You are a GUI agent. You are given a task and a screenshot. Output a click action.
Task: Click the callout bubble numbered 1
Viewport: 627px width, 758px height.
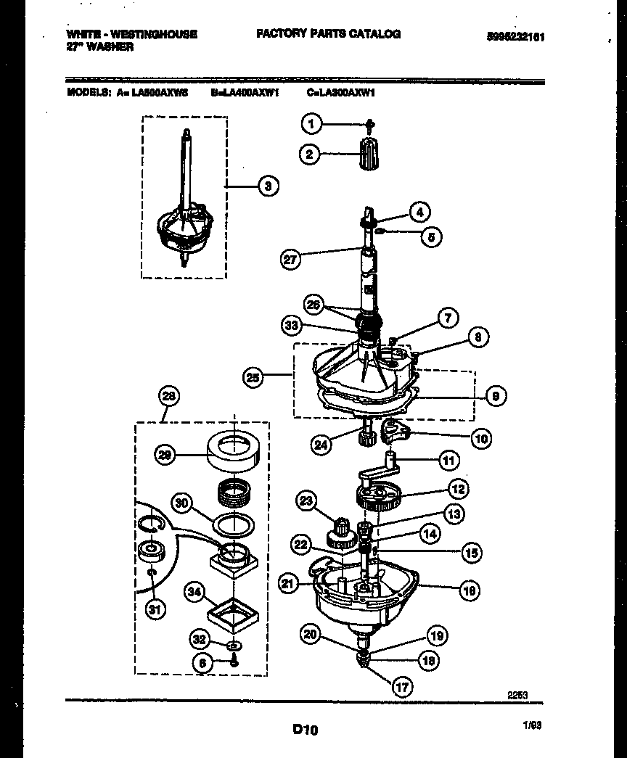[x=311, y=124]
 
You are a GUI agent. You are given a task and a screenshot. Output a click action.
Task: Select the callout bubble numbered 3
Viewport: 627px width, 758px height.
[x=268, y=186]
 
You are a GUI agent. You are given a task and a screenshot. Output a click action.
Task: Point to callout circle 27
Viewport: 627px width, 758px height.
[x=290, y=259]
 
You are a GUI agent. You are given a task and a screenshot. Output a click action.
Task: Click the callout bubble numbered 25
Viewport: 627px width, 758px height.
[x=253, y=376]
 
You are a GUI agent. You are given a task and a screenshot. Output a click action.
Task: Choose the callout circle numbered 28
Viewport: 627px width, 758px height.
[x=168, y=396]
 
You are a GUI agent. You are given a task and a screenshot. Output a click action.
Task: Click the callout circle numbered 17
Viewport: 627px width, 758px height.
[x=400, y=688]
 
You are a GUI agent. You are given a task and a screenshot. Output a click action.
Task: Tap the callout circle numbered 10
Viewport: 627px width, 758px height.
[x=480, y=438]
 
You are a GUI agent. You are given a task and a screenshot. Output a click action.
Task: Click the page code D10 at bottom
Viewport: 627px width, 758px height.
[x=306, y=730]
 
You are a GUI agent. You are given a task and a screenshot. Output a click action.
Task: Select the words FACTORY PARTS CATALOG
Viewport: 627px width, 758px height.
[x=327, y=34]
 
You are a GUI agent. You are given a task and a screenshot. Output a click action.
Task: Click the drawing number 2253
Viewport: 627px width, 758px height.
[x=516, y=695]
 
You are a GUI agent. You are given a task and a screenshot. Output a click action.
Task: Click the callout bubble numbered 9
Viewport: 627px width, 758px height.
[x=495, y=395]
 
